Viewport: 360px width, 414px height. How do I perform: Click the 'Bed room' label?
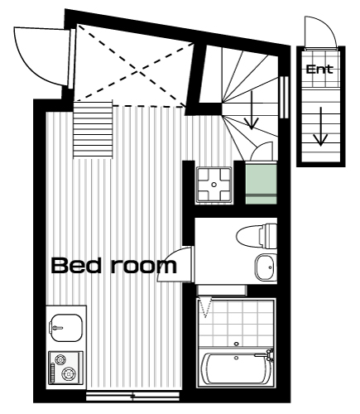(113, 266)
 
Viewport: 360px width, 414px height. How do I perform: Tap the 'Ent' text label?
(319, 70)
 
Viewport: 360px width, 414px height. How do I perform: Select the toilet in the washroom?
(257, 235)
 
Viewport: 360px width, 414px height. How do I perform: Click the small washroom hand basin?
(266, 267)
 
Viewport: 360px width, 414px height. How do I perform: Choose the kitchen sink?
(66, 328)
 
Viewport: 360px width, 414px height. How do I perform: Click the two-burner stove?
(66, 368)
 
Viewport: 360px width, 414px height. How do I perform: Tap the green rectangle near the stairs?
(261, 184)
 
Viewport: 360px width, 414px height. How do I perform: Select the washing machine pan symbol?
(214, 185)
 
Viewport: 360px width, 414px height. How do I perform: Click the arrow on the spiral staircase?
(252, 110)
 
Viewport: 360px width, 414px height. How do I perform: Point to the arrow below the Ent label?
(320, 127)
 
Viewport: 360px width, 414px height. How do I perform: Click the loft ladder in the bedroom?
(93, 129)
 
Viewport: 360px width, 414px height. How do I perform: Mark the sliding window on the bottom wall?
(132, 397)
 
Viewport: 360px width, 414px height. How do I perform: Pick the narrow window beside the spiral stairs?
(284, 97)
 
